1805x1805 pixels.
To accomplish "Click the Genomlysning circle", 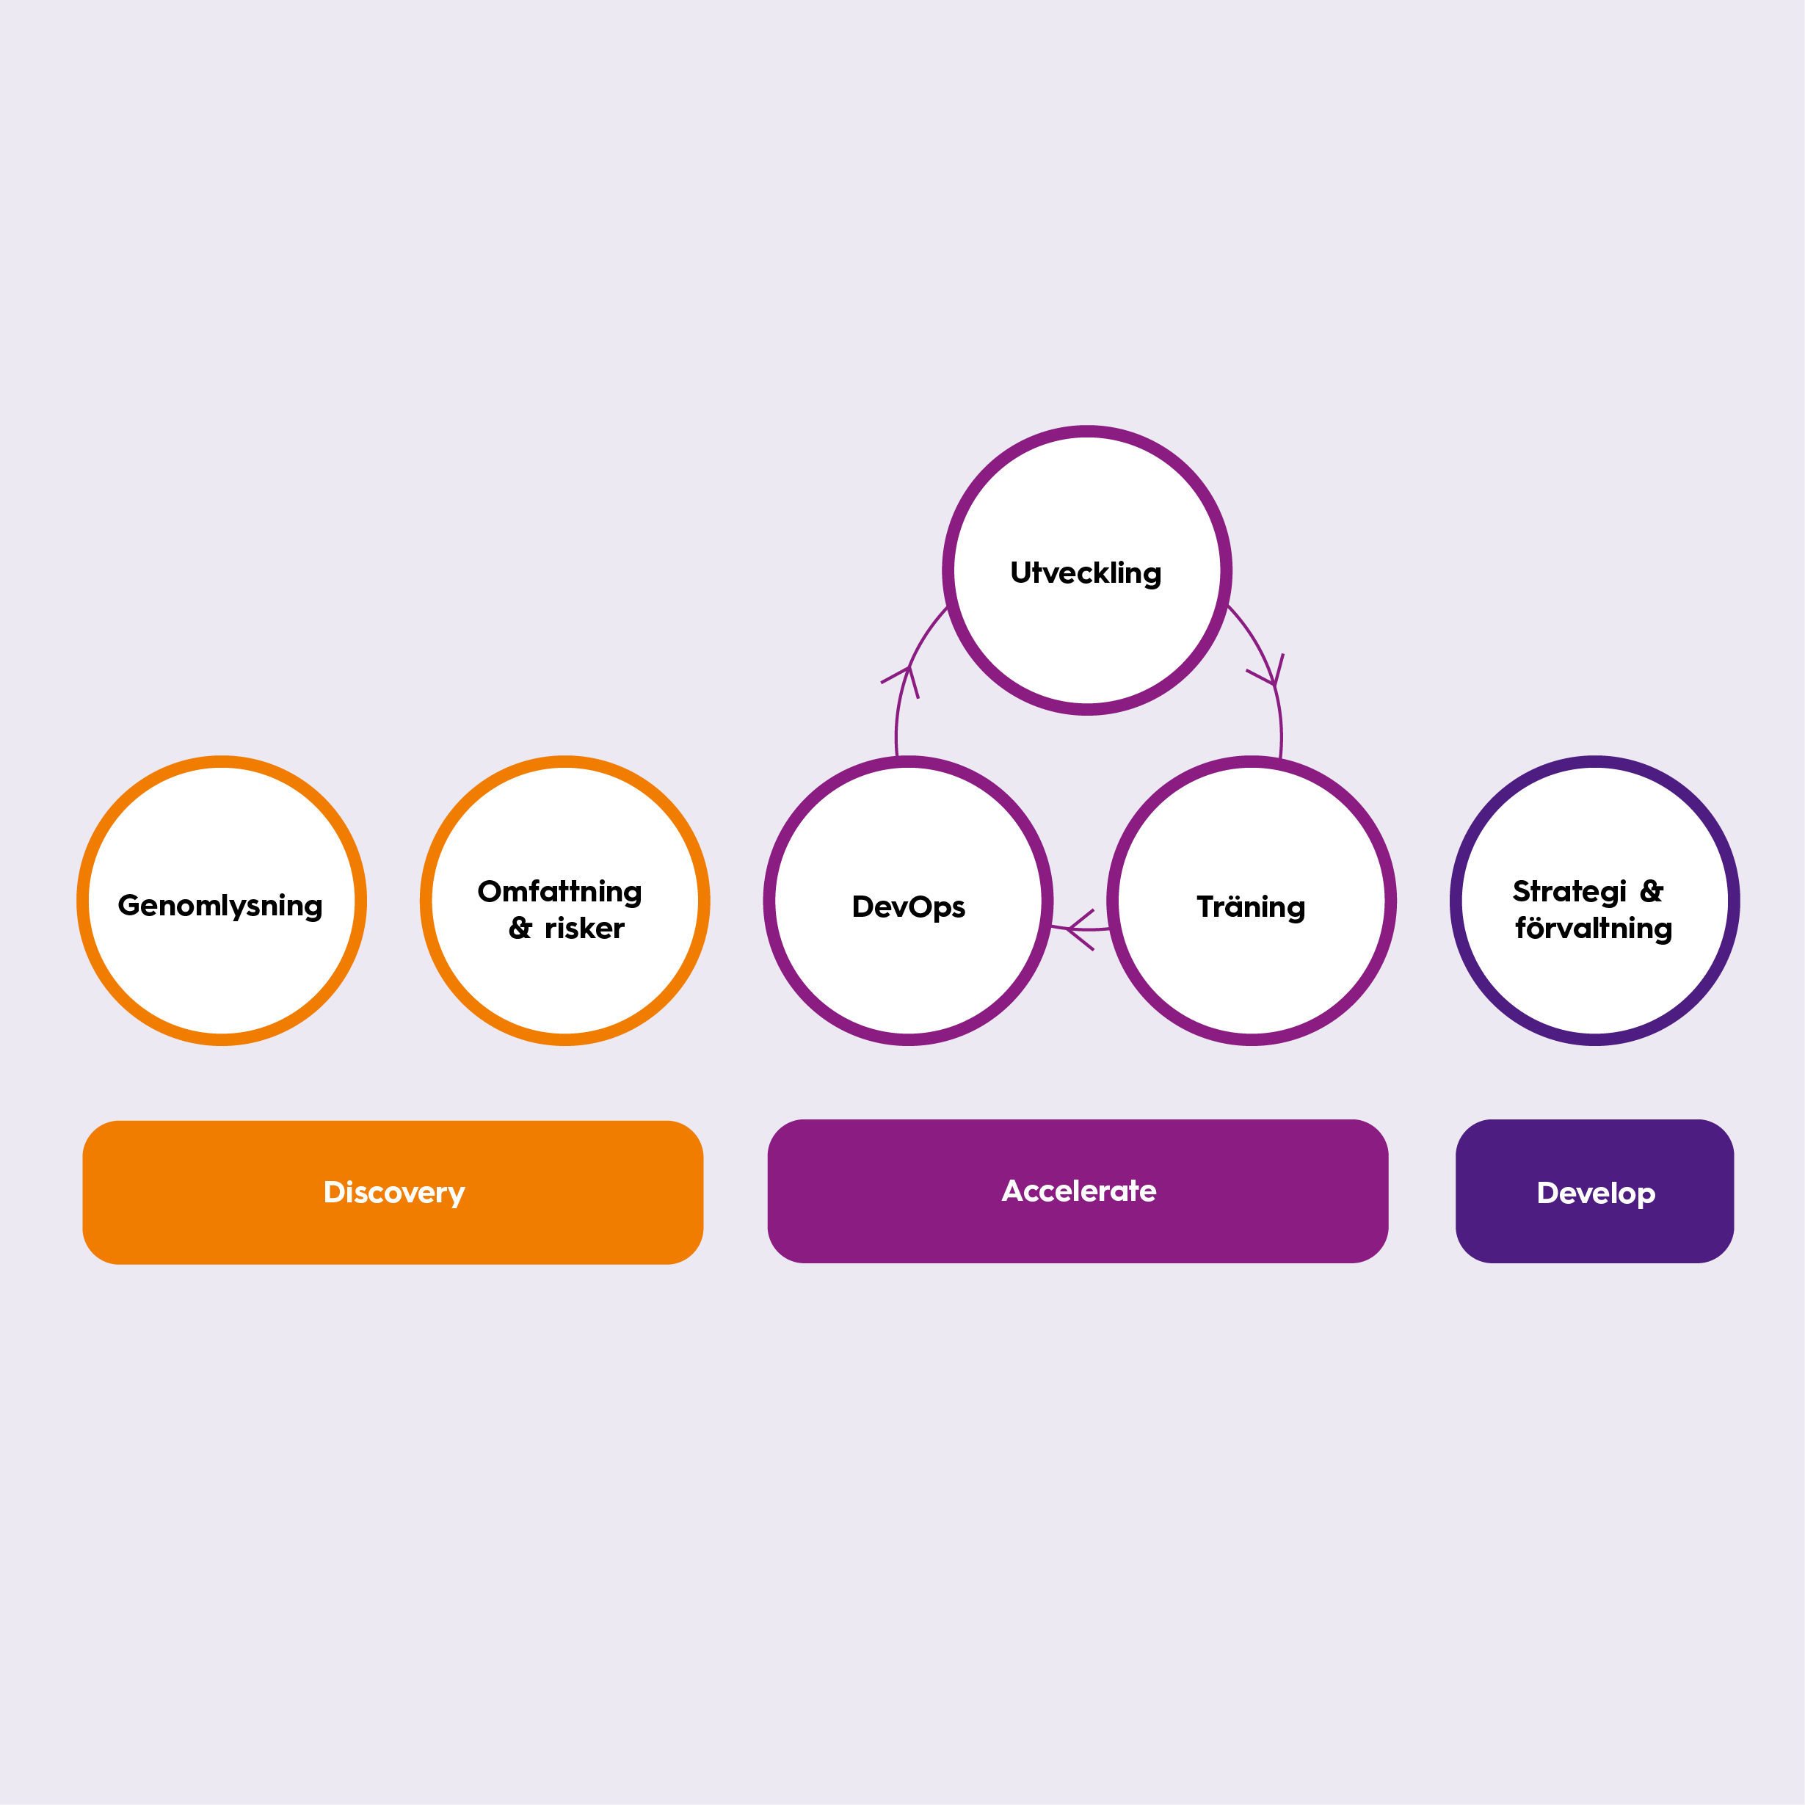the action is [x=222, y=901].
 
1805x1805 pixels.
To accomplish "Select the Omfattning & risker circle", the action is [x=565, y=901].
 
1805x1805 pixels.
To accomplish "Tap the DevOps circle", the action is [x=908, y=901].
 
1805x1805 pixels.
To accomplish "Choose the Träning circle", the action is [x=1252, y=901].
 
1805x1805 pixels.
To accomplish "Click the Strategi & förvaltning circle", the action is [x=1595, y=901].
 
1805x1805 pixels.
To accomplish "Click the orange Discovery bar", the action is [x=393, y=1192].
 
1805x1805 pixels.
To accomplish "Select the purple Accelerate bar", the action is [x=1078, y=1191].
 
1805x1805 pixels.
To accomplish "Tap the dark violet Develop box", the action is [x=1595, y=1191].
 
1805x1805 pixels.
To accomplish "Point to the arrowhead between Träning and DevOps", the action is [x=1079, y=929].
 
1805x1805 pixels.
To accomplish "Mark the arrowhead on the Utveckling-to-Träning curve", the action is [x=1268, y=671].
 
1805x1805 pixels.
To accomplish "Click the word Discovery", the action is [x=393, y=1193].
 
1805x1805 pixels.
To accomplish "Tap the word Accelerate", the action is [x=1079, y=1191].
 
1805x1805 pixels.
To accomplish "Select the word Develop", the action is [x=1596, y=1193].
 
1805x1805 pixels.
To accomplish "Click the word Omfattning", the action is [x=559, y=892].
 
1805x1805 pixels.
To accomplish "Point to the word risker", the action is [x=585, y=928].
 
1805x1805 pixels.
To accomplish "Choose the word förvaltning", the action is [x=1594, y=928].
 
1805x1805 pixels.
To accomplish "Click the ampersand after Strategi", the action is [x=1652, y=890].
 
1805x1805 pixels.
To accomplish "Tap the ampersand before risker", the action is [x=520, y=928].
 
